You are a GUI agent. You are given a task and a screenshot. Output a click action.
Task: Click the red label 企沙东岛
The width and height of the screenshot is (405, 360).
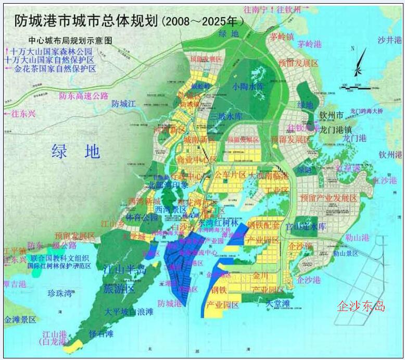tap(361, 306)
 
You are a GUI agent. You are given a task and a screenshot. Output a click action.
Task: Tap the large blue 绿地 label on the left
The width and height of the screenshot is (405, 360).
tap(76, 152)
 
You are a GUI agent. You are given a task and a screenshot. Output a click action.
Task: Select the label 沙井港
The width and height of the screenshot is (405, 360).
tap(389, 40)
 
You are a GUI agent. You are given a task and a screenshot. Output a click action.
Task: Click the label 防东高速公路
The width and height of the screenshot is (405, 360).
tap(83, 96)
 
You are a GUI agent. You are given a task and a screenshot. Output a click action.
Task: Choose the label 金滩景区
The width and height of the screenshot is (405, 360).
tap(20, 319)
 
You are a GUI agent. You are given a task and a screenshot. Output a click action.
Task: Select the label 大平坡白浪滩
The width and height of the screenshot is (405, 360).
tap(129, 312)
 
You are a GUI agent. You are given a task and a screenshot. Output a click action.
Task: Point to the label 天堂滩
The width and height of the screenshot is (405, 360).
tap(278, 303)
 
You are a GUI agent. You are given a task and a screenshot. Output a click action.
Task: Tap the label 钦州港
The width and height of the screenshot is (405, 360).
tap(390, 154)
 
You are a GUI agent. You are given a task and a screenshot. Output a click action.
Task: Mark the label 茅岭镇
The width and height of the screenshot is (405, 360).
tap(282, 36)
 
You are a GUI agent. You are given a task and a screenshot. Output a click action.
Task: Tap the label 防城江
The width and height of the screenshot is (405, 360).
tap(123, 104)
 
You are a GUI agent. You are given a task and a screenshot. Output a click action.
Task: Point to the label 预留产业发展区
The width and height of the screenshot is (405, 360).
tap(328, 198)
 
